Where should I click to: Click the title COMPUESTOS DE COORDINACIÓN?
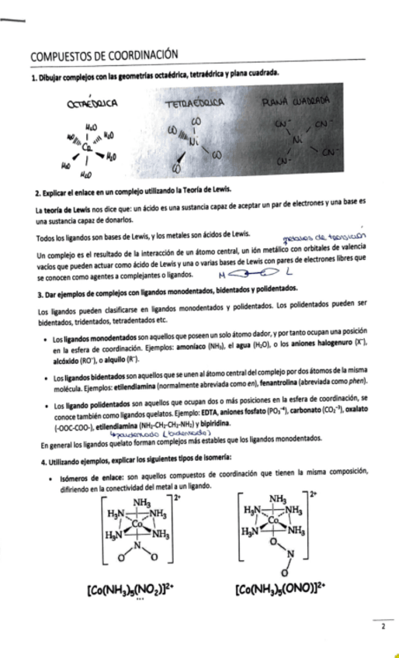click(105, 55)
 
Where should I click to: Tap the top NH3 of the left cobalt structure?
click(142, 502)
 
